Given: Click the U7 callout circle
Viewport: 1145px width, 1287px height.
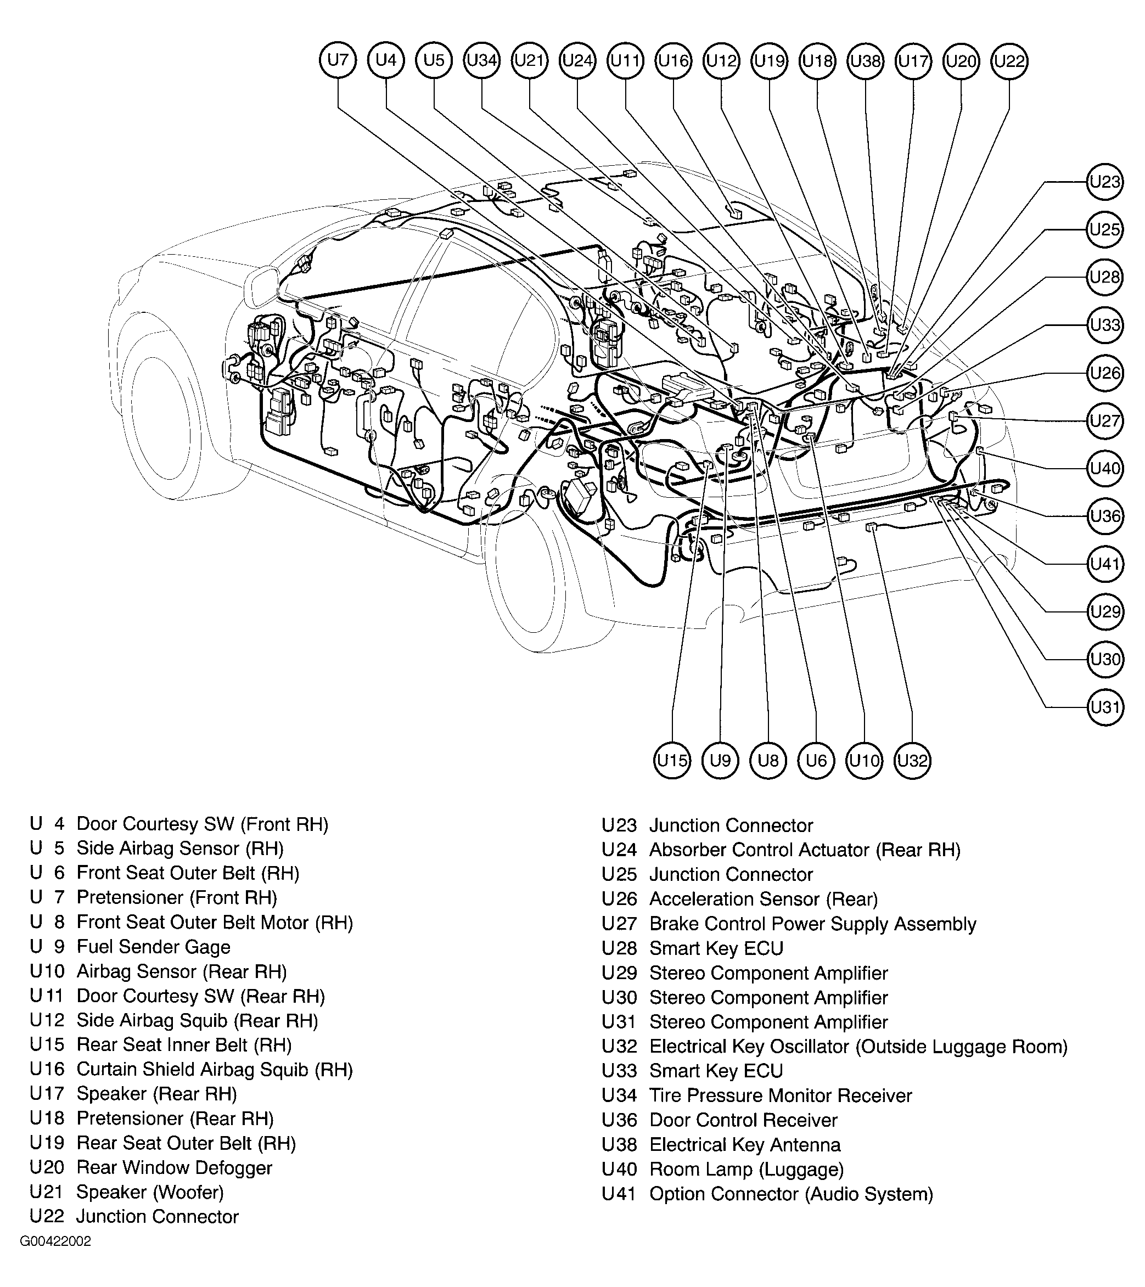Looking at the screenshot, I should pyautogui.click(x=338, y=60).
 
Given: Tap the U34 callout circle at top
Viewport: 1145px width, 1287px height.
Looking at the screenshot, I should pyautogui.click(x=482, y=60).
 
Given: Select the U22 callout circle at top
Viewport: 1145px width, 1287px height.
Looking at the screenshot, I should pyautogui.click(x=1009, y=61).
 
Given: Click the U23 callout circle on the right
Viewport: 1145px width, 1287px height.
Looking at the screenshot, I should pyautogui.click(x=1105, y=182).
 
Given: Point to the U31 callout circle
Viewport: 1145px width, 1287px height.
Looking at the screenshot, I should pyautogui.click(x=1105, y=707).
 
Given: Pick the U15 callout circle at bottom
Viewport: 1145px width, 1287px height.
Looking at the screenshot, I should pyautogui.click(x=672, y=761).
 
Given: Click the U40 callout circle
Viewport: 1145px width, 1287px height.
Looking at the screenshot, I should pyautogui.click(x=1105, y=469).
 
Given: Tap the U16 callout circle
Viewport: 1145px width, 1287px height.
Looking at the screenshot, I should pyautogui.click(x=673, y=60).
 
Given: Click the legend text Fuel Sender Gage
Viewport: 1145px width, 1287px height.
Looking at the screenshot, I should pyautogui.click(x=153, y=947).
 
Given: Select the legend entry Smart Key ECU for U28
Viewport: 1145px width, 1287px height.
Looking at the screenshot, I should pyautogui.click(x=716, y=948).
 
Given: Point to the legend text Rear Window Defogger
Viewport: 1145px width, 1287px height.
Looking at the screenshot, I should pyautogui.click(x=174, y=1167).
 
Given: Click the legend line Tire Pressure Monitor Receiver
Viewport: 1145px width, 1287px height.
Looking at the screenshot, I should pyautogui.click(x=781, y=1095).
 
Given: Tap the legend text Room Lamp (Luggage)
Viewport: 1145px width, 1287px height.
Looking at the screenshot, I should pyautogui.click(x=747, y=1169).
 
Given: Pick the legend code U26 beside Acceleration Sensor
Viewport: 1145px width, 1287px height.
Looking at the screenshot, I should pyautogui.click(x=619, y=899).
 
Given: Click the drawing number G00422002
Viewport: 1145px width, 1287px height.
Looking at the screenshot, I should pyautogui.click(x=55, y=1241).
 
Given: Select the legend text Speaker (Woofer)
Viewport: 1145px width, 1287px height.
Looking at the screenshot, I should pyautogui.click(x=150, y=1192).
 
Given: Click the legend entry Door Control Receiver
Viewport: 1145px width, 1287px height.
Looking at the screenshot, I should pyautogui.click(x=743, y=1120).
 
